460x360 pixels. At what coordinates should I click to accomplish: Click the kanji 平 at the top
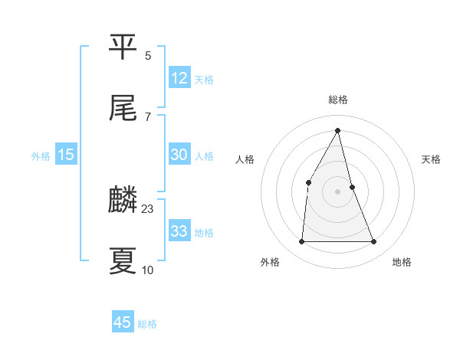point(123,47)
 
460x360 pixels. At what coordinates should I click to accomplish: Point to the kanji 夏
point(123,260)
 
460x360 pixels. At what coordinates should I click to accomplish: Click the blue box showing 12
point(179,78)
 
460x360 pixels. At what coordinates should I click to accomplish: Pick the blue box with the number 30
point(179,155)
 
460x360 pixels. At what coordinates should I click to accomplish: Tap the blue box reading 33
point(179,231)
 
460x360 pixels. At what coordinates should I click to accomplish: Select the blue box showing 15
point(66,155)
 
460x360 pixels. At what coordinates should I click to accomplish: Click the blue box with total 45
point(123,322)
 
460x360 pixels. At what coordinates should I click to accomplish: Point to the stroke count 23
point(148,208)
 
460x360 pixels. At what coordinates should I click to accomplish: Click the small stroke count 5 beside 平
point(148,55)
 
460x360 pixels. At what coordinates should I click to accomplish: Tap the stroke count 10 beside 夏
point(148,270)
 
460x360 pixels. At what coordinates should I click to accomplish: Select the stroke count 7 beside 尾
point(148,116)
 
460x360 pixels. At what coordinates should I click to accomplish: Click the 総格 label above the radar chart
point(338,100)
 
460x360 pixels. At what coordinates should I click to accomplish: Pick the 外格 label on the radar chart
point(270,263)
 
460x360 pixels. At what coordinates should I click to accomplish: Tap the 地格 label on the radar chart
point(402,263)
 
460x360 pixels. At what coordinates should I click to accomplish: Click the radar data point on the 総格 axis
point(338,131)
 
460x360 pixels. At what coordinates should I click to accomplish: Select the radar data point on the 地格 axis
point(374,242)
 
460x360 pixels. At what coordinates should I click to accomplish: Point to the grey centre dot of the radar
point(338,191)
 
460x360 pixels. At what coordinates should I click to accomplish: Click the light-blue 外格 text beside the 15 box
point(41,155)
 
